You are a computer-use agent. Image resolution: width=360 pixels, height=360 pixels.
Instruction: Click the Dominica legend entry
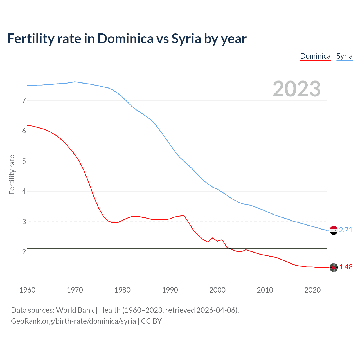coord(315,56)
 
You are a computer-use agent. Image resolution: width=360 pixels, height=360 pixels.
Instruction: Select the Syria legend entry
coord(344,56)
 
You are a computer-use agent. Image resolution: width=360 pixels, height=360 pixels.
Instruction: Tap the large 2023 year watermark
coord(296,89)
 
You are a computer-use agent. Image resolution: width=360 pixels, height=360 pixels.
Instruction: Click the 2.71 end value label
coord(346,230)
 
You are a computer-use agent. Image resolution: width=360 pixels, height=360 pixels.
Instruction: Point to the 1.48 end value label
coord(346,267)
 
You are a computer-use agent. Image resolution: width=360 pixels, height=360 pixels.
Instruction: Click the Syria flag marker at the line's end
coord(334,230)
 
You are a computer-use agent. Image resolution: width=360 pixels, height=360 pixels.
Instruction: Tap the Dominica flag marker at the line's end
coord(334,267)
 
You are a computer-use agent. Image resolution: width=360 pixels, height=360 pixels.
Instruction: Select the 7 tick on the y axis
coord(24,100)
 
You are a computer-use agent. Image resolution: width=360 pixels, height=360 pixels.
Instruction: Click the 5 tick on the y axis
coord(24,161)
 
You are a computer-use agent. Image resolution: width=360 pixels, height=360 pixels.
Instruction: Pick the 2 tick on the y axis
coord(24,252)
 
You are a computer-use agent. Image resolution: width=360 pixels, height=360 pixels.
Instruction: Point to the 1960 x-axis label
coord(27,290)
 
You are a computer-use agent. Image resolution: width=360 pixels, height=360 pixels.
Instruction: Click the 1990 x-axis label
coord(170,290)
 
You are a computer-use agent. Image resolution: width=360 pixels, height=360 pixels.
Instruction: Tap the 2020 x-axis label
coord(312,290)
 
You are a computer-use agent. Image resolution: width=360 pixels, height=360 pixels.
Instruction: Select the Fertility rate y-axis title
coord(12,174)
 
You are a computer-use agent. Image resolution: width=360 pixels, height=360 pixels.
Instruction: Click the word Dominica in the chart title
coord(125,39)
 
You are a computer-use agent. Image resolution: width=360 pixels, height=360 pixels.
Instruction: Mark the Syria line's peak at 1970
coord(75,82)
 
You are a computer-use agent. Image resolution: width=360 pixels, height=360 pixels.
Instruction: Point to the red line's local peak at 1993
coord(184,215)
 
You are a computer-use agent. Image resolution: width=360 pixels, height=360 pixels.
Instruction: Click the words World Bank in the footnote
coord(75,310)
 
